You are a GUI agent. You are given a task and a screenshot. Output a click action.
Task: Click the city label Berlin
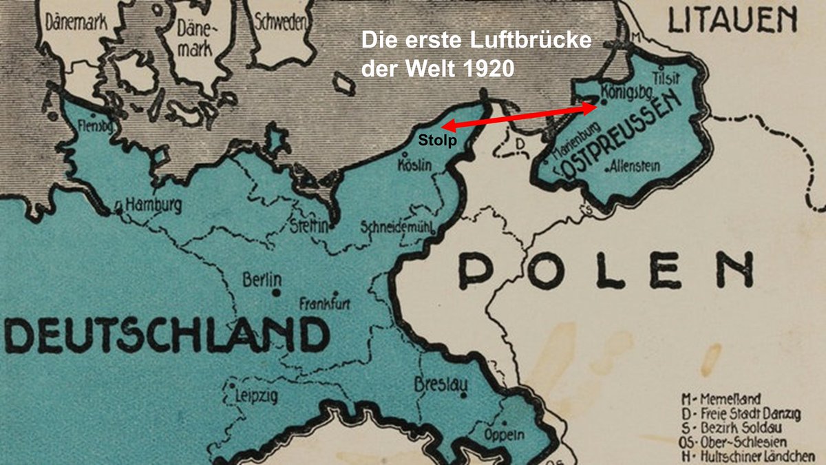262,280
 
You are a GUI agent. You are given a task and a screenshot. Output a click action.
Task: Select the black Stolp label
434,139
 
